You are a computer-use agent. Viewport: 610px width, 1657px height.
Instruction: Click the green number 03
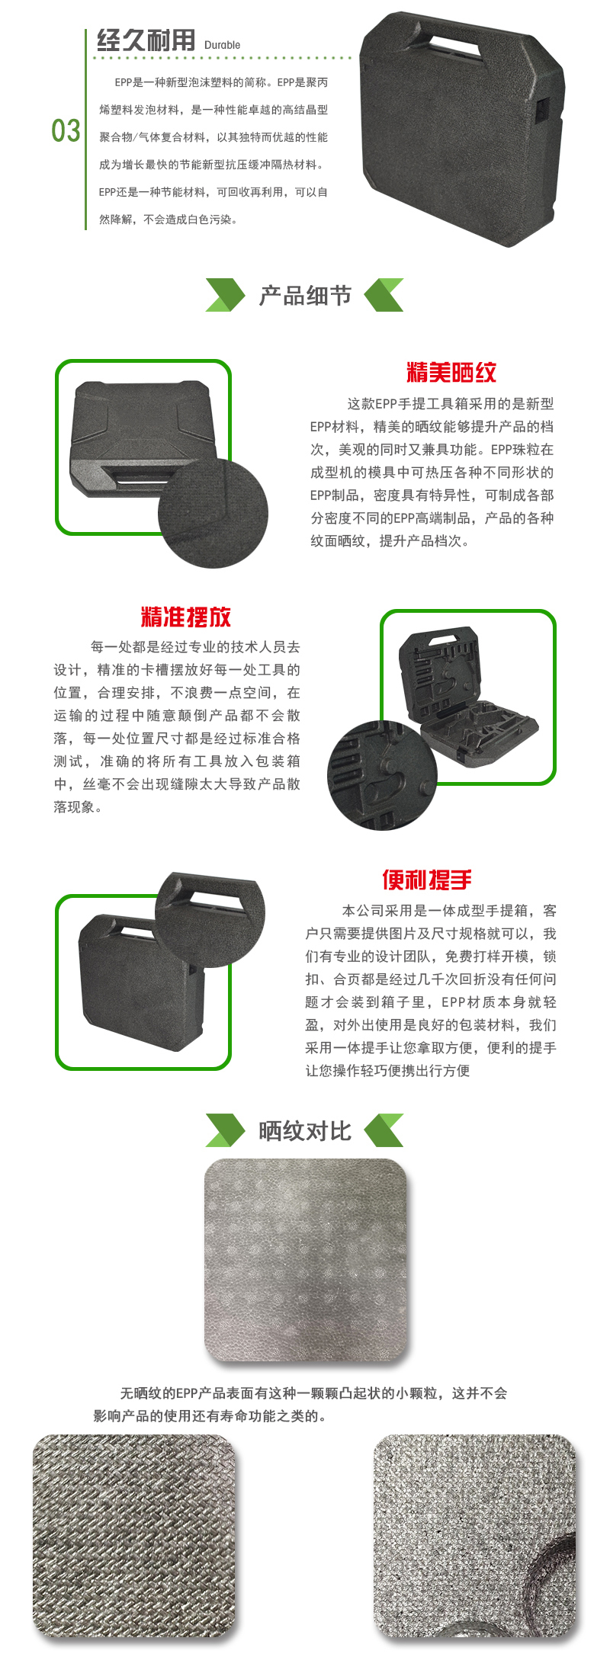pos(66,130)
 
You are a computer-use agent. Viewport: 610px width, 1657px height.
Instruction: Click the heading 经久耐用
pos(146,40)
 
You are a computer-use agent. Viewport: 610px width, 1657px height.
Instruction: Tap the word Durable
pos(222,45)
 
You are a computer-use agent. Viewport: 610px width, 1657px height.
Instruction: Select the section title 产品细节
pos(305,295)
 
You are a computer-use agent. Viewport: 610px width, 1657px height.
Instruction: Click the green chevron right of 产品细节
pos(384,296)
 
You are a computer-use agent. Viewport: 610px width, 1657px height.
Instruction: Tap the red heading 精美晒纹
pos(451,372)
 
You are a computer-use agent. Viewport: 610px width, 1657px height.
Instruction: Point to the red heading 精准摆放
pos(186,617)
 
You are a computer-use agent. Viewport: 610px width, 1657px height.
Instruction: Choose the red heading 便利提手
pos(427,880)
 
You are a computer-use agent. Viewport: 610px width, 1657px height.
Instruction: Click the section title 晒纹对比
pos(305,1130)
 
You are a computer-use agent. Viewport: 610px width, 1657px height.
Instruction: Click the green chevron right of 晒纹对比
pos(384,1130)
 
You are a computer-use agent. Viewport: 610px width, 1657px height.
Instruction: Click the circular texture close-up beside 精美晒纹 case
pos(213,513)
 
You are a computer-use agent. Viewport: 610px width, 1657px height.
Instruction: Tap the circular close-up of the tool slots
pos(383,775)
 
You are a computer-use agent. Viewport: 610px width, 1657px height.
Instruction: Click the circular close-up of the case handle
pos(210,920)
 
